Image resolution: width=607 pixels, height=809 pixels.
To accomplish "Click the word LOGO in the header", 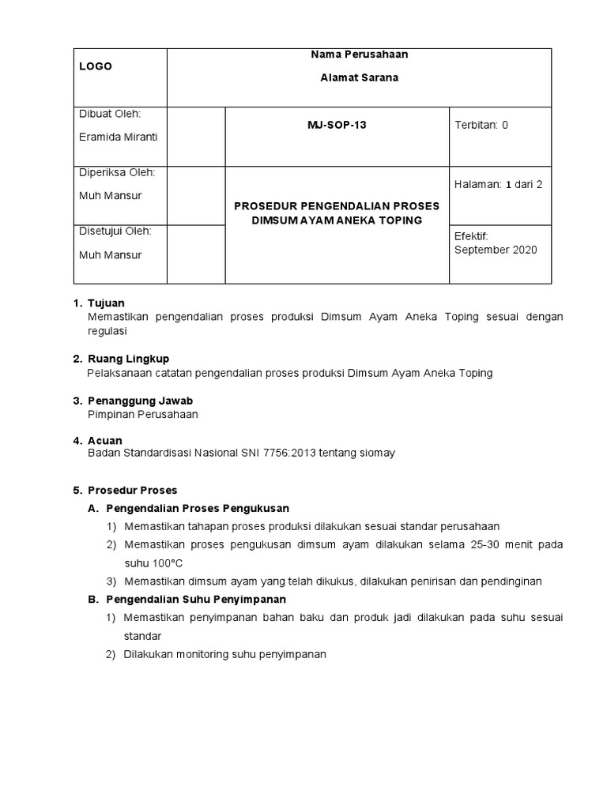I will click(x=96, y=66).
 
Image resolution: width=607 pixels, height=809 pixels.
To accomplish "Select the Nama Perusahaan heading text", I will click(x=359, y=55).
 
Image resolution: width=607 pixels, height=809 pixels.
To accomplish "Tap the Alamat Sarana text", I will click(x=359, y=77).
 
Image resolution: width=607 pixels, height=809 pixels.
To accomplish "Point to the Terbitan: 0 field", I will click(x=481, y=126).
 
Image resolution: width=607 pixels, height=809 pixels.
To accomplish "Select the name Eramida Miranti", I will click(x=119, y=137).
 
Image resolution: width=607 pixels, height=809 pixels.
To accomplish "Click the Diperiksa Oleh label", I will click(x=117, y=172).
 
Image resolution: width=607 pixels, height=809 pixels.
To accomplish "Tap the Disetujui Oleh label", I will click(x=115, y=231).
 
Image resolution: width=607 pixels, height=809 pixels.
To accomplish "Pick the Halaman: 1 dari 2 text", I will click(x=498, y=184).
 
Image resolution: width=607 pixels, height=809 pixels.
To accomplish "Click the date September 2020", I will click(x=496, y=250).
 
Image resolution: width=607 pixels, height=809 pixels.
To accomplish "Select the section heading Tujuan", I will click(x=106, y=303).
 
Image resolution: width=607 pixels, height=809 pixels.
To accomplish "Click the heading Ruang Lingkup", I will click(x=128, y=359).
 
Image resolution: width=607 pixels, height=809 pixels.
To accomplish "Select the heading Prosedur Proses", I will click(x=132, y=490).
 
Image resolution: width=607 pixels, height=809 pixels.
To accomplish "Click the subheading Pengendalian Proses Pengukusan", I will click(x=198, y=508).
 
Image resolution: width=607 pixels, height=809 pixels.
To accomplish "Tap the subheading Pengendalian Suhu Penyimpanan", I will click(x=195, y=599).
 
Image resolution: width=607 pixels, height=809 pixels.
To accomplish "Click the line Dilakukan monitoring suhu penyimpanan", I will click(x=224, y=654).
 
